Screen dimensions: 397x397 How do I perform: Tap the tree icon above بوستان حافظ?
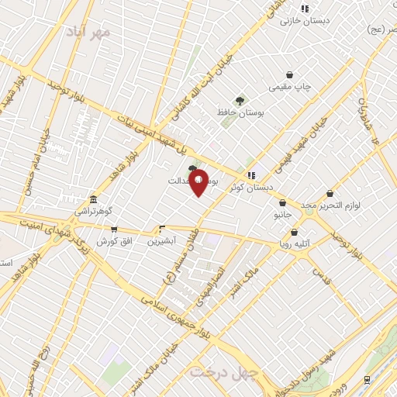pos(240,100)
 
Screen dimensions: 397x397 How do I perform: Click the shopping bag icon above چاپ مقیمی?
pos(289,75)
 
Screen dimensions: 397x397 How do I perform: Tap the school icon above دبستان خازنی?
pos(305,9)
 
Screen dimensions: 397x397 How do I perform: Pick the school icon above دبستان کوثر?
pos(250,175)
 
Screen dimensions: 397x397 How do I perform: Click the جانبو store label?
pos(282,214)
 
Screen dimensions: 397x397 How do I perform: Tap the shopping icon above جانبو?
pos(281,202)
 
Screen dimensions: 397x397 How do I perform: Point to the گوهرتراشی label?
pos(93,211)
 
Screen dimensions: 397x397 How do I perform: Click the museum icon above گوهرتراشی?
pos(93,199)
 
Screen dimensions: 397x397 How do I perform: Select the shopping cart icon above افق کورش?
pos(114,229)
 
